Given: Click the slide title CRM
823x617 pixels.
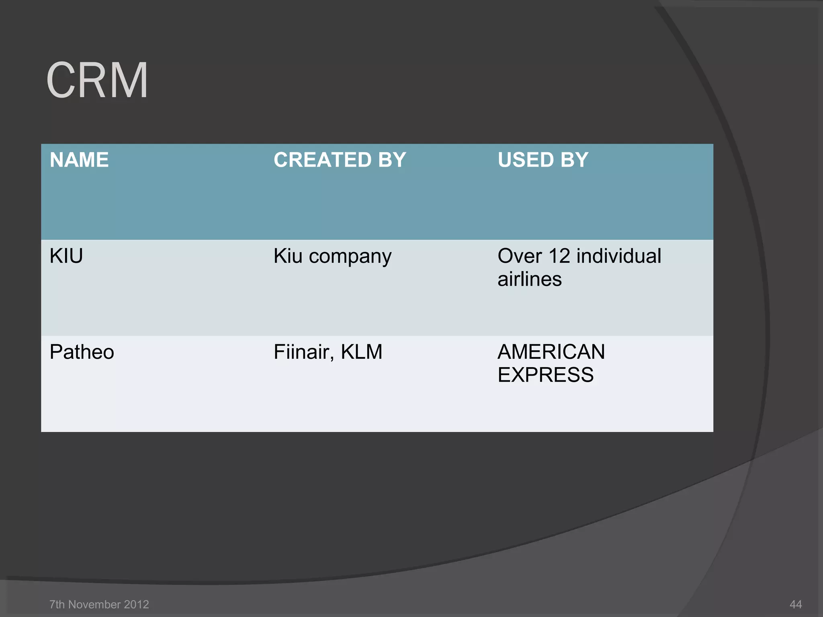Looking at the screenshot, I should coord(97,80).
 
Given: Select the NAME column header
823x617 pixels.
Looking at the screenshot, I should coord(79,160).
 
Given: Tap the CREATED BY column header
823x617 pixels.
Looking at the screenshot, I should coord(340,160).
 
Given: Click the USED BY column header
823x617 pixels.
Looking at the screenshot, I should coord(543,160).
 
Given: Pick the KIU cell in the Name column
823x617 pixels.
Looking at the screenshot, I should coord(66,256).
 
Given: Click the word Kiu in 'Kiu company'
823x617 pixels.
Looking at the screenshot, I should coord(288,256).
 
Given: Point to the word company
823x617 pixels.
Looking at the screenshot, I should coord(350,257).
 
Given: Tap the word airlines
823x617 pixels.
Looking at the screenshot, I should coord(529,279).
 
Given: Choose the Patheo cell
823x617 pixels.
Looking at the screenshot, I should coord(82,352).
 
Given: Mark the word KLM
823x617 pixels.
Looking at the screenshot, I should coord(361,352).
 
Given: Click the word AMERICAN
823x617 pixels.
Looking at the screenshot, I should coord(551,352).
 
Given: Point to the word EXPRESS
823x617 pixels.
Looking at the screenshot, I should coord(545,375).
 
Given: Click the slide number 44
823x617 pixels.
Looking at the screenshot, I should coord(796,604).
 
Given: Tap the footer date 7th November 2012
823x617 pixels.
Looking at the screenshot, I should coord(99,604).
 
